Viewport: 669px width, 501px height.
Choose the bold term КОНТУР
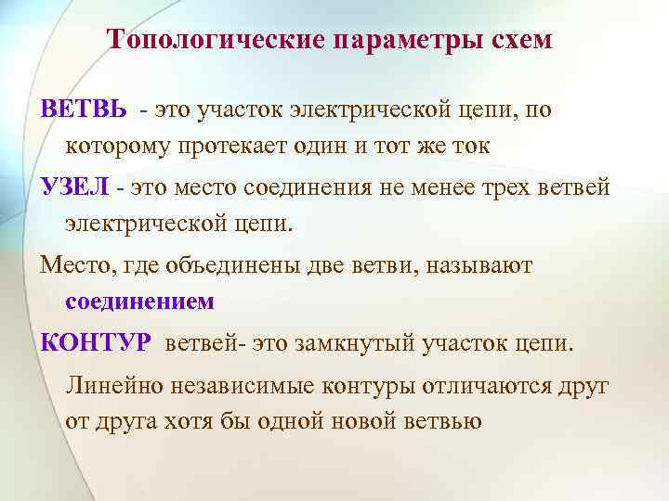pos(95,343)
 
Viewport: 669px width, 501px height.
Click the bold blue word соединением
pos(140,302)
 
